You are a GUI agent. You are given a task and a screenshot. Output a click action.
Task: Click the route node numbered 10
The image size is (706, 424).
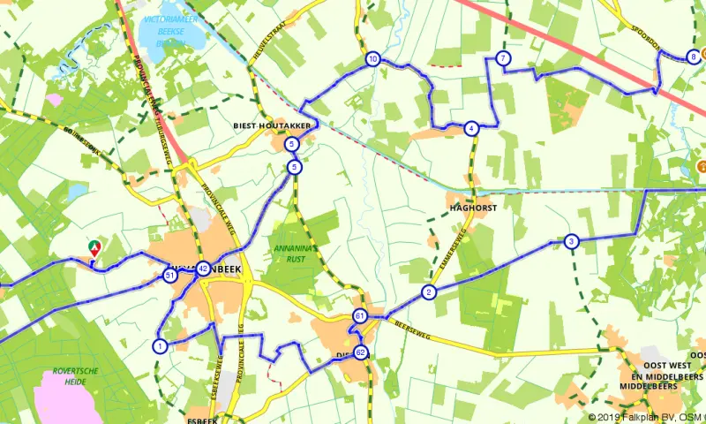point(373,59)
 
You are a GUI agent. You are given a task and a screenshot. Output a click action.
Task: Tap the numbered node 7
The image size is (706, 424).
point(503,59)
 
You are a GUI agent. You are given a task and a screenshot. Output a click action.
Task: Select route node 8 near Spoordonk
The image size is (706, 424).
point(694,57)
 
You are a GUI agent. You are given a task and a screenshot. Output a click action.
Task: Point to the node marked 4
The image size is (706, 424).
point(472,128)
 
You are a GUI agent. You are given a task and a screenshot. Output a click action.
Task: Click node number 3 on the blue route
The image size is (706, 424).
point(572,241)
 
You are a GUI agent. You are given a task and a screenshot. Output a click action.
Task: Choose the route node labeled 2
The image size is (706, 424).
point(429,292)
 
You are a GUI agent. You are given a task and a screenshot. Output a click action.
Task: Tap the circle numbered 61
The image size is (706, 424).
point(360,316)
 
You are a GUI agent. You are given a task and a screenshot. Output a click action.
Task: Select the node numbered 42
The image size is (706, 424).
point(203,269)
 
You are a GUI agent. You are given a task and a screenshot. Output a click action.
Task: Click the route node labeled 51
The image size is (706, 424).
point(169,276)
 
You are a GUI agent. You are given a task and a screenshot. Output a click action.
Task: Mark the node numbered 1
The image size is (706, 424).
point(160,345)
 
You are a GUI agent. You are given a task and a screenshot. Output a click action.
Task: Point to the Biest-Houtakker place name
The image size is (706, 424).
point(270,126)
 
